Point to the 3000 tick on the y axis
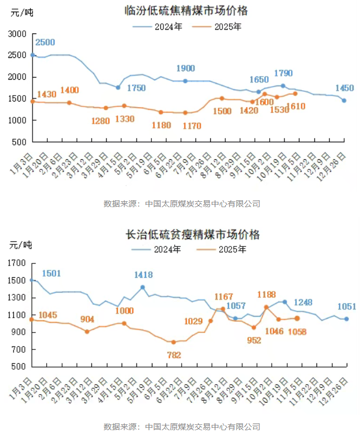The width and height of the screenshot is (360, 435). click(x=18, y=33)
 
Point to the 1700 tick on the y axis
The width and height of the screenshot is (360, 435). click(x=17, y=263)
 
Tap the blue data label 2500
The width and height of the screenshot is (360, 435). click(x=45, y=42)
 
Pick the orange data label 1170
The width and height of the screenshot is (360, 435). click(x=185, y=126)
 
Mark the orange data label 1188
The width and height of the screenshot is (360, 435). click(x=267, y=294)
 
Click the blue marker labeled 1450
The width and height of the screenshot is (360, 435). click(x=344, y=100)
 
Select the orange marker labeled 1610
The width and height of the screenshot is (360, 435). click(x=295, y=94)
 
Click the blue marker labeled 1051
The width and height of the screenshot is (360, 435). click(x=346, y=319)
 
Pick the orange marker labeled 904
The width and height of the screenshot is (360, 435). click(x=87, y=331)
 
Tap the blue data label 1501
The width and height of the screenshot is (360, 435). click(x=52, y=274)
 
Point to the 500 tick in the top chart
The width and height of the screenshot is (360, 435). click(x=20, y=142)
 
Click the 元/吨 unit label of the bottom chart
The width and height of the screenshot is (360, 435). click(x=20, y=245)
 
